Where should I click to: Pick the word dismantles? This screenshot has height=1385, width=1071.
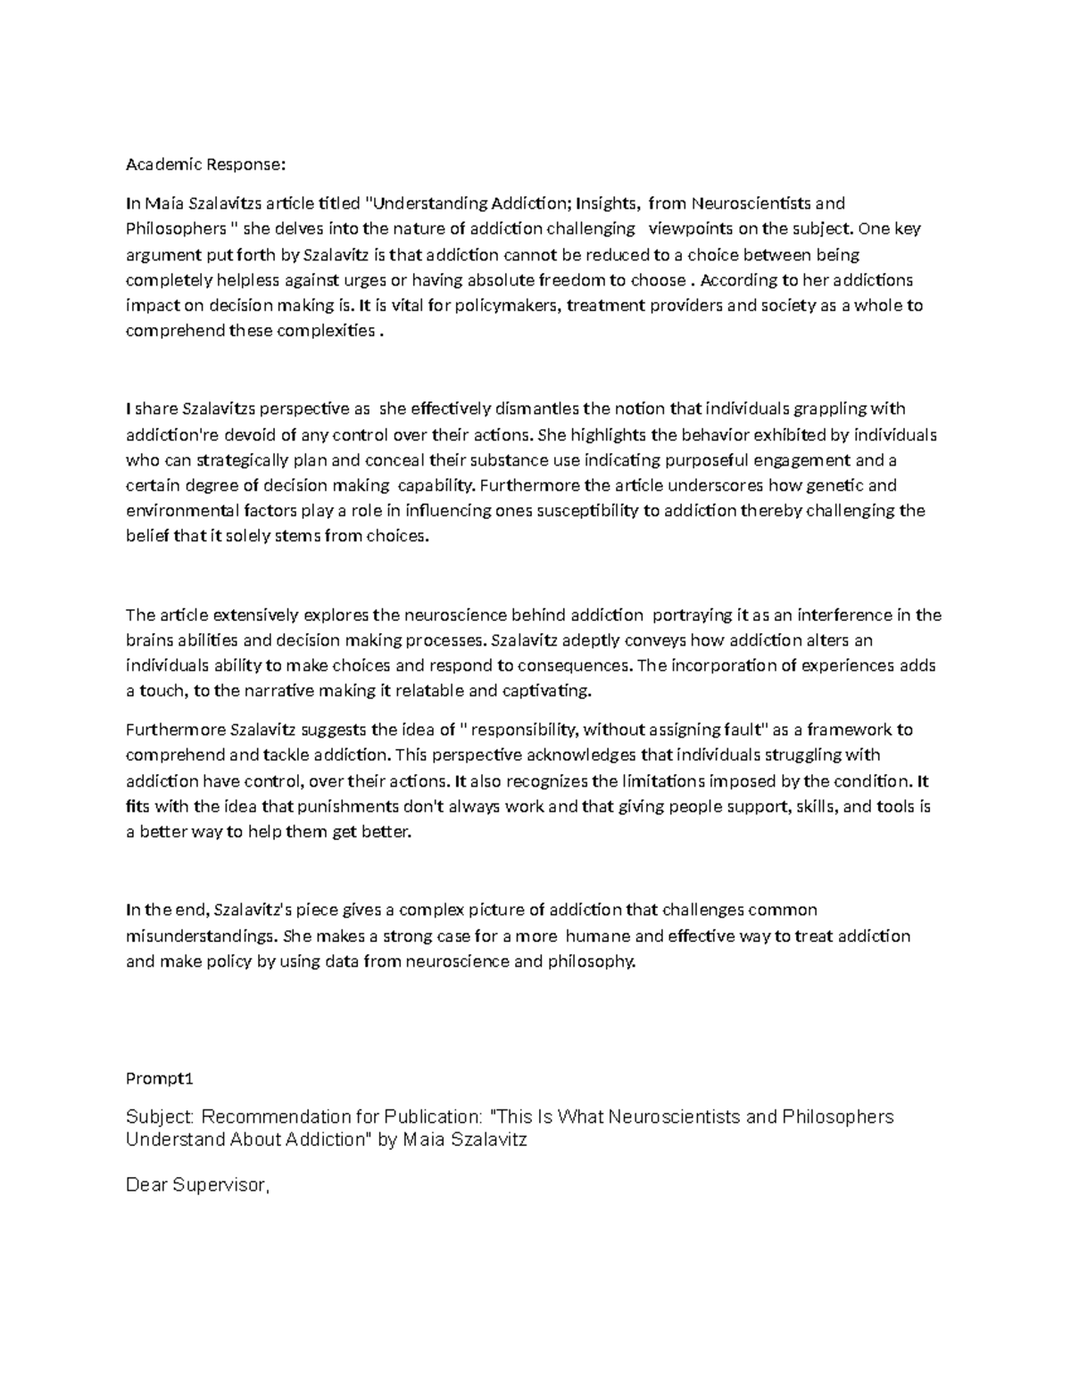[x=535, y=409]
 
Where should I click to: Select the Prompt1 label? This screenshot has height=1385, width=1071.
[x=160, y=1078]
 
